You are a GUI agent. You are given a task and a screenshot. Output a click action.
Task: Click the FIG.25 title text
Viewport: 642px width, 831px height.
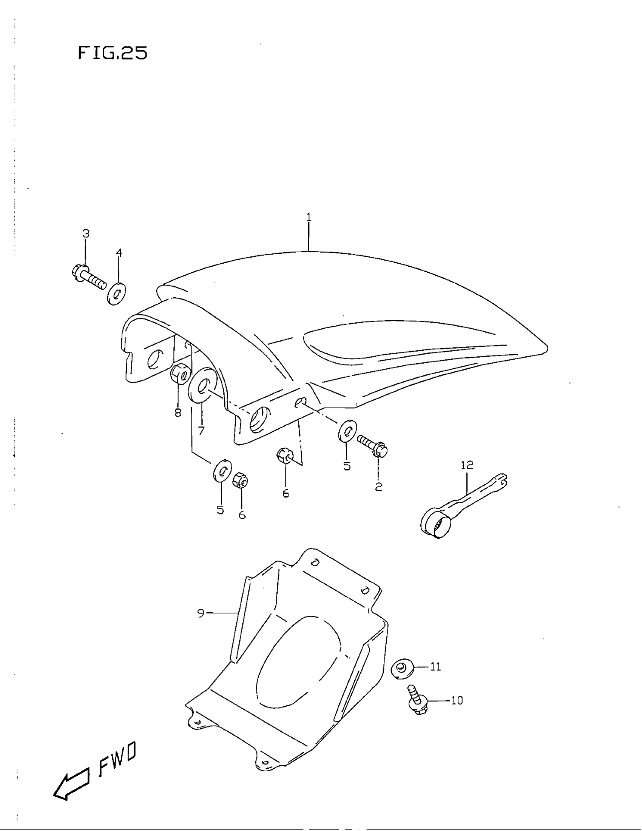[113, 53]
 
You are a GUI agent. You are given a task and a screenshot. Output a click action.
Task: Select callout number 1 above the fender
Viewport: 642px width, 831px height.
[309, 217]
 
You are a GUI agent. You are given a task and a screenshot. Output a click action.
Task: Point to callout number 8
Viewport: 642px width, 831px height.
[178, 412]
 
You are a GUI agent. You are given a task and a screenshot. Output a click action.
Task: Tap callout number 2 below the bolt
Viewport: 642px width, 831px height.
[378, 487]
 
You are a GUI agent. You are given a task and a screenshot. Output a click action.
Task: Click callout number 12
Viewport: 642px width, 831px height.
[467, 465]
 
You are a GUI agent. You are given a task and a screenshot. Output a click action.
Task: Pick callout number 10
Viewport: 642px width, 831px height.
[457, 700]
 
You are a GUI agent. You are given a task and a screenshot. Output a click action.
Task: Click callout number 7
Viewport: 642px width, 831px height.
[201, 430]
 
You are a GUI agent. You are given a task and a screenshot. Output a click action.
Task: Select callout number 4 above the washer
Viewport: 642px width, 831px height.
[119, 252]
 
